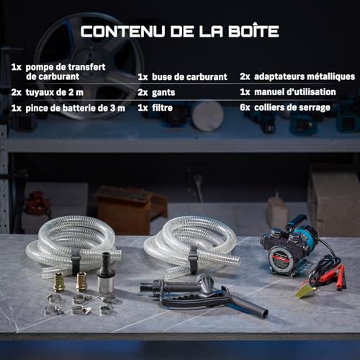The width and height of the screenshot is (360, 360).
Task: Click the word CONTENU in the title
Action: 123,31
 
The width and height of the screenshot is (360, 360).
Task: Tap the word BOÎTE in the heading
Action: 253,30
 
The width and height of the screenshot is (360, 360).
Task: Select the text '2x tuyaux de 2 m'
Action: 48,92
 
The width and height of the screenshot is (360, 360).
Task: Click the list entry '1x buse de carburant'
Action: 182,77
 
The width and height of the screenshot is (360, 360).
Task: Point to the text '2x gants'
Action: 156,92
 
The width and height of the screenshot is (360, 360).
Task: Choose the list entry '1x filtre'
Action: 156,108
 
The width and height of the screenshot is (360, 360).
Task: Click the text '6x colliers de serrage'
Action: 285,107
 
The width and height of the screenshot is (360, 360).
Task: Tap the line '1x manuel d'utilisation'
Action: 288,92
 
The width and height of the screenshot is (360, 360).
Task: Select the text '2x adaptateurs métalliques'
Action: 297,76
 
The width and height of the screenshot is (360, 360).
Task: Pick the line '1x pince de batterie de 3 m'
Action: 68,108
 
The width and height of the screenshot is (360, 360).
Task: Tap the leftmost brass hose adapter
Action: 58,282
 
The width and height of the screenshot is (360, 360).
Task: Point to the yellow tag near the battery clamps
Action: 305,290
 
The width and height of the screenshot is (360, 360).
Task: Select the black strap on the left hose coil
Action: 76,261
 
